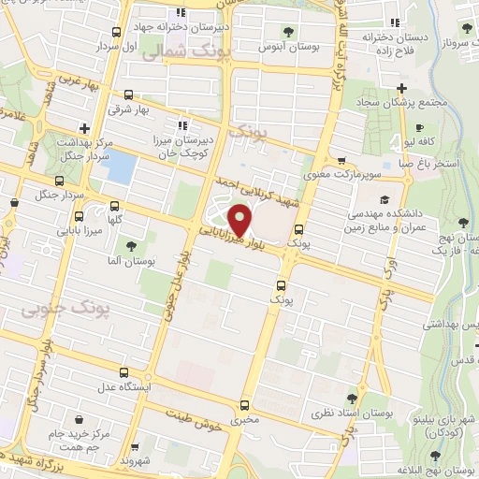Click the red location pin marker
coord(240,220)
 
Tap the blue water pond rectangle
coord(121,167)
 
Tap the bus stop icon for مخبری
coord(244,405)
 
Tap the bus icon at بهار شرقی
coord(128,94)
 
